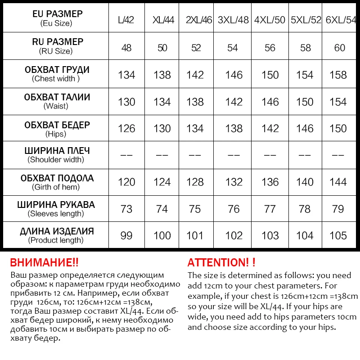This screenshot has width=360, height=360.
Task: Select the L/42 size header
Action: (x=126, y=20)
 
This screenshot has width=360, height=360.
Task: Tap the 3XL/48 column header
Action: (x=233, y=20)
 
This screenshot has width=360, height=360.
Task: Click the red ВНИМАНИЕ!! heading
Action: (x=44, y=263)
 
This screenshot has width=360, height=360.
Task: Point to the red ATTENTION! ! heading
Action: (x=221, y=263)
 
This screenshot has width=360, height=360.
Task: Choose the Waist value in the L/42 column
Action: (x=126, y=102)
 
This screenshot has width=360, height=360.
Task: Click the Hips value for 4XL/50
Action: (x=270, y=129)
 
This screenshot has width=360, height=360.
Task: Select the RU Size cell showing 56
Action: (x=270, y=48)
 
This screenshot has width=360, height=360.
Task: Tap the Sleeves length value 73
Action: (x=126, y=209)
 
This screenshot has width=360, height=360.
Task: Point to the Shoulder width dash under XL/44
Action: (x=162, y=155)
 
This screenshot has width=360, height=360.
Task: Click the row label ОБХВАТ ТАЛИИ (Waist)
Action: (x=57, y=101)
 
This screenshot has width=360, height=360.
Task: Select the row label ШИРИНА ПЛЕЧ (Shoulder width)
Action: (x=57, y=155)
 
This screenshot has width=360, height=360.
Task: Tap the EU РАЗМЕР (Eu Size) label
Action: (x=57, y=18)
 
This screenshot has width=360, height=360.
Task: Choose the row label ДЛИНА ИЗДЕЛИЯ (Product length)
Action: (x=57, y=235)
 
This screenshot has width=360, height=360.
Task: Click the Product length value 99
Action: (x=126, y=235)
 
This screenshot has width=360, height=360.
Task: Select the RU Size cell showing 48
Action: (x=126, y=48)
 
